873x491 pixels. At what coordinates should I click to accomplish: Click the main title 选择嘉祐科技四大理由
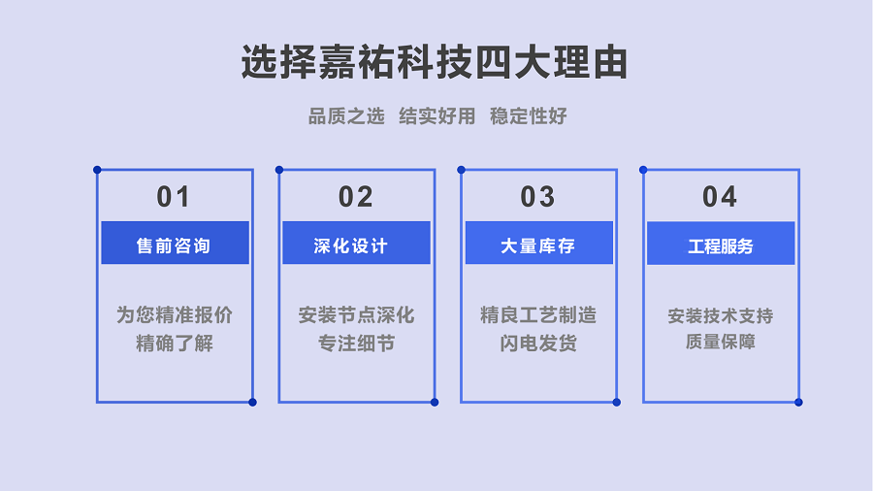pyautogui.click(x=435, y=62)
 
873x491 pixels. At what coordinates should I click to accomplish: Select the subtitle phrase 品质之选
pyautogui.click(x=346, y=116)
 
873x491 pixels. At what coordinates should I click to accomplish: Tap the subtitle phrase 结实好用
pyautogui.click(x=437, y=116)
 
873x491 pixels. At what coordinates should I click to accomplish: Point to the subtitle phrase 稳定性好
pyautogui.click(x=529, y=116)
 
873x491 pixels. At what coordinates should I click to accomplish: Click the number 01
pyautogui.click(x=174, y=197)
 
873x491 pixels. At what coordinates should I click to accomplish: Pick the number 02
pyautogui.click(x=356, y=197)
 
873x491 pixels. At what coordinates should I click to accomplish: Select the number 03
pyautogui.click(x=537, y=197)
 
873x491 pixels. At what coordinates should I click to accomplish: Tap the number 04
pyautogui.click(x=720, y=197)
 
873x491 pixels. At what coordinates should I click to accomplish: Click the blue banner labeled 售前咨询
pyautogui.click(x=175, y=243)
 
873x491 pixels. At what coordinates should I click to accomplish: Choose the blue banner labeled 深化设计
pyautogui.click(x=356, y=243)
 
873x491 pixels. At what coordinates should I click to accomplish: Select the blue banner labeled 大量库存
pyautogui.click(x=539, y=243)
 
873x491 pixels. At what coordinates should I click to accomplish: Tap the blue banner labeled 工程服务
pyautogui.click(x=721, y=244)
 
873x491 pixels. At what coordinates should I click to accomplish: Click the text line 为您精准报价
pyautogui.click(x=175, y=315)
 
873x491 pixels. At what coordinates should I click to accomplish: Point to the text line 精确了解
pyautogui.click(x=175, y=344)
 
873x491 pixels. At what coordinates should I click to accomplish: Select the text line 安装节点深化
pyautogui.click(x=356, y=315)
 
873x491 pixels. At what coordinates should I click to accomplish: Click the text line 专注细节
pyautogui.click(x=356, y=344)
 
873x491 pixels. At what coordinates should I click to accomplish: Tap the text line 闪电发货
pyautogui.click(x=537, y=344)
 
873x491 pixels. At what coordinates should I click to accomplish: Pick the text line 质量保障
pyautogui.click(x=721, y=342)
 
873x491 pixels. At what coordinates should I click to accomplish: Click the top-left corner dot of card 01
pyautogui.click(x=97, y=170)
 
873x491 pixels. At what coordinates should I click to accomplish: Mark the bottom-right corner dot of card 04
pyautogui.click(x=798, y=402)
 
